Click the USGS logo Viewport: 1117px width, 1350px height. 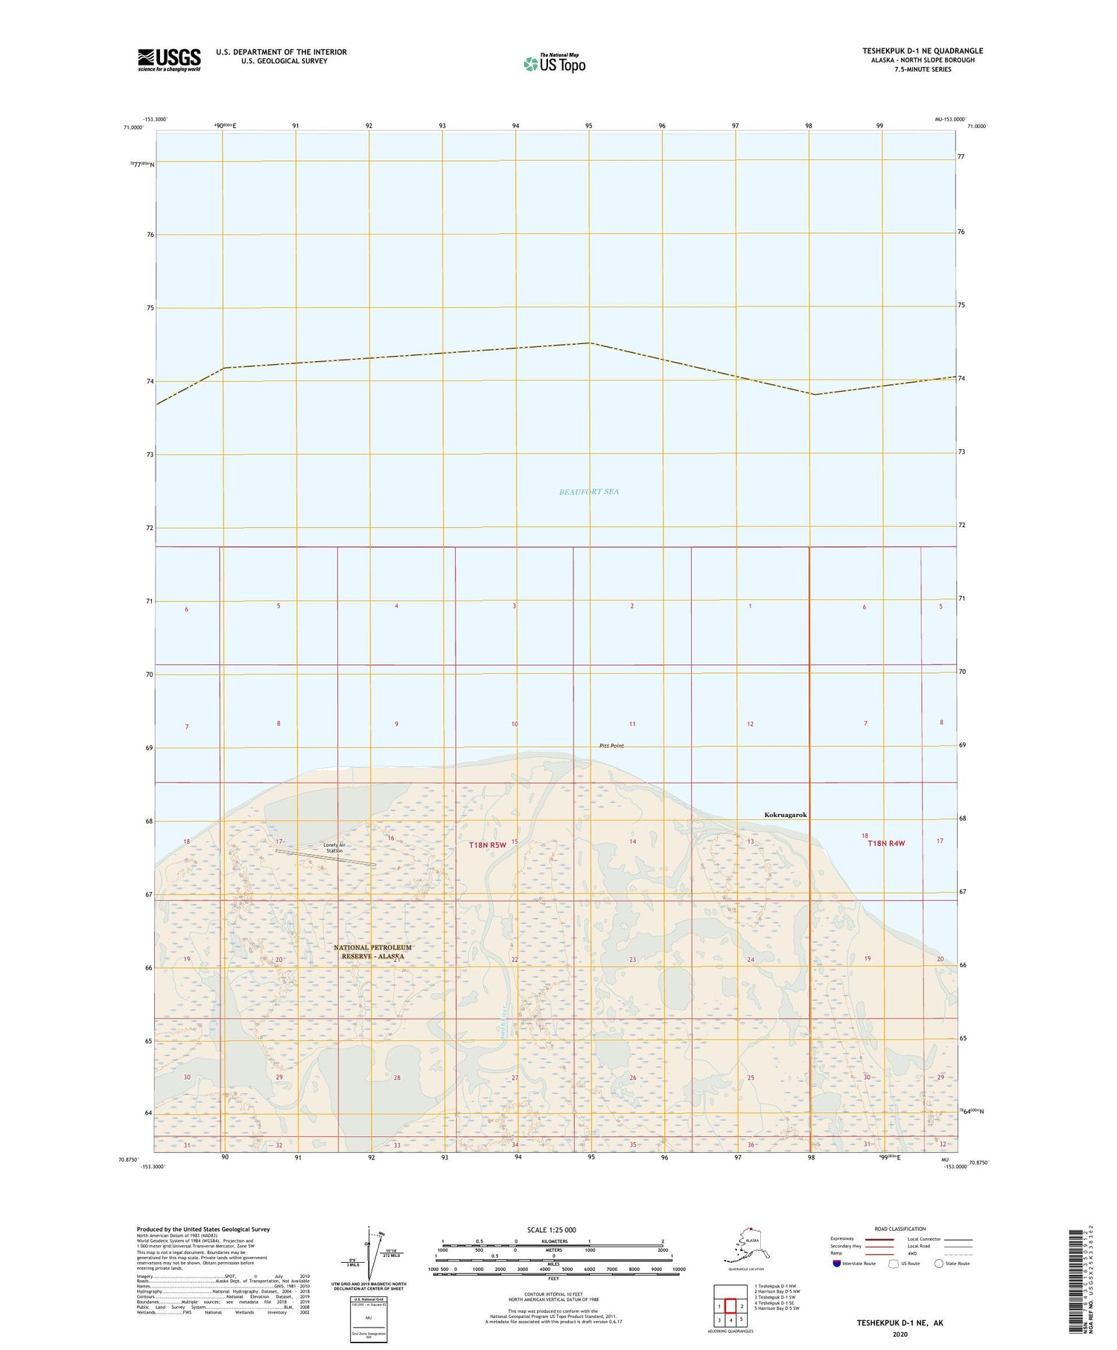(169, 60)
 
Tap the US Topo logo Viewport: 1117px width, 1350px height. (554, 64)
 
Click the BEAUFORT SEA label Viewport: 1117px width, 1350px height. (588, 491)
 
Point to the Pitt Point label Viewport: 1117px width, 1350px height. (611, 745)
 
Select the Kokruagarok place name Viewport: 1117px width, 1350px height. (785, 815)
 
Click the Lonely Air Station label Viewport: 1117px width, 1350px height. (334, 847)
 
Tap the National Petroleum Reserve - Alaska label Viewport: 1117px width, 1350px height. (372, 952)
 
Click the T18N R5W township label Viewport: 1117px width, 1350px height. (487, 844)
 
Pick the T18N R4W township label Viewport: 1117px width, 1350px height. (885, 843)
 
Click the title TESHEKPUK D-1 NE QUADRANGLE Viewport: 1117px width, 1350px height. (922, 51)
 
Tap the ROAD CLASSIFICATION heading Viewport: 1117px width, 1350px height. (900, 1229)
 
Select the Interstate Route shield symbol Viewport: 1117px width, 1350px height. (837, 1264)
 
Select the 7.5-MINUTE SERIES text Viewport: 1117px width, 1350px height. (922, 69)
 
